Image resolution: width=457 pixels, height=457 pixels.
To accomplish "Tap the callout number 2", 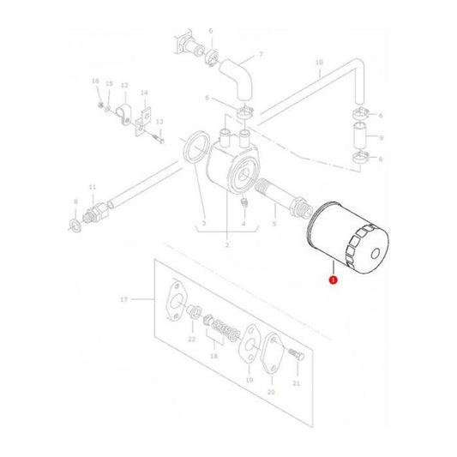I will click(226, 246).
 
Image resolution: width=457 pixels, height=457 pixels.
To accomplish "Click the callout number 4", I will click(243, 224).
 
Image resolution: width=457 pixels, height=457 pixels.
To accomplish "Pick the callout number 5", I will click(274, 224).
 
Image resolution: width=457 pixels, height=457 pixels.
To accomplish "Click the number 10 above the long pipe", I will click(319, 62).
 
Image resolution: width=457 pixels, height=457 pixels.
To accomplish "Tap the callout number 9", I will click(381, 136).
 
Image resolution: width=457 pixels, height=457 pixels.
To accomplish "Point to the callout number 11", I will click(92, 187).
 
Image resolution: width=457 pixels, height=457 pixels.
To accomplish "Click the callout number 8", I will click(75, 202).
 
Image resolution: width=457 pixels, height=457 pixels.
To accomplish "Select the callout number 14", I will click(144, 93).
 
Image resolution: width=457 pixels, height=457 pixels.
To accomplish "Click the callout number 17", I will click(124, 299).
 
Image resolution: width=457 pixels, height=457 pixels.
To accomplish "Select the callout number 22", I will click(191, 340).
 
